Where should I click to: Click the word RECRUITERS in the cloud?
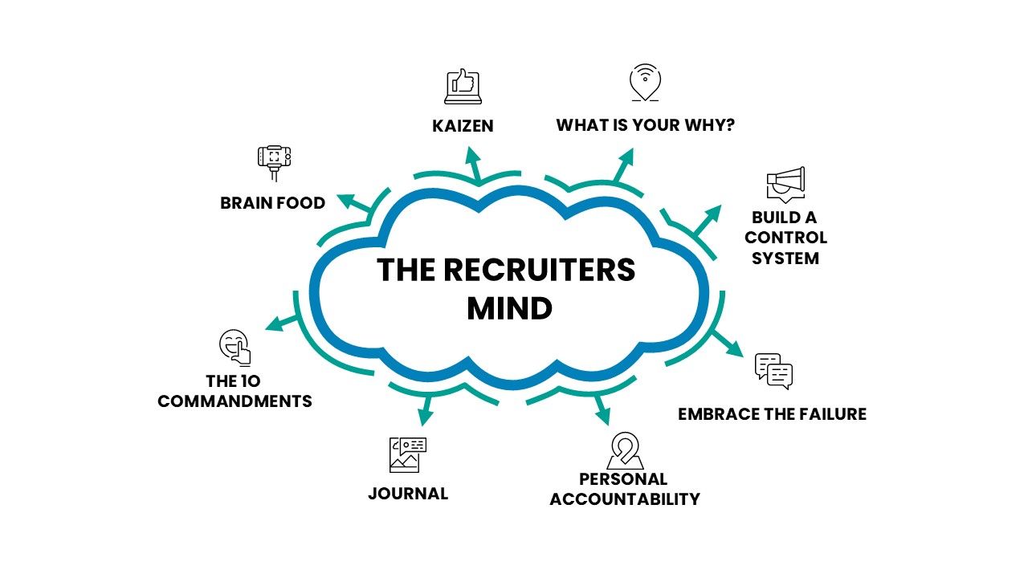[539, 271]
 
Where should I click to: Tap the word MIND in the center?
[509, 308]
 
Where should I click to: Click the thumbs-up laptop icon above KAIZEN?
[463, 87]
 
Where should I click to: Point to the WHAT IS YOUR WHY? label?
[646, 126]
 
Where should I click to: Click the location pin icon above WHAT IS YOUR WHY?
[645, 83]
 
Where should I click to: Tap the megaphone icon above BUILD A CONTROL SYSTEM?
[785, 185]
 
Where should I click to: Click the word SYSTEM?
[785, 258]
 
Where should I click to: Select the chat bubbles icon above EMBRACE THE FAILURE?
[774, 371]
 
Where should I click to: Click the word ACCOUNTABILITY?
[625, 499]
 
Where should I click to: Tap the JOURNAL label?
[408, 494]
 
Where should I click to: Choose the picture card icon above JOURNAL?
[407, 454]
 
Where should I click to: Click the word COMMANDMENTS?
[235, 401]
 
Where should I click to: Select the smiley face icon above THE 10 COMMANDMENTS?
[235, 347]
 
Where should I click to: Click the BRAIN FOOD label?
[273, 203]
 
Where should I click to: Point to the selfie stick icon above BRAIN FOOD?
[274, 161]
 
